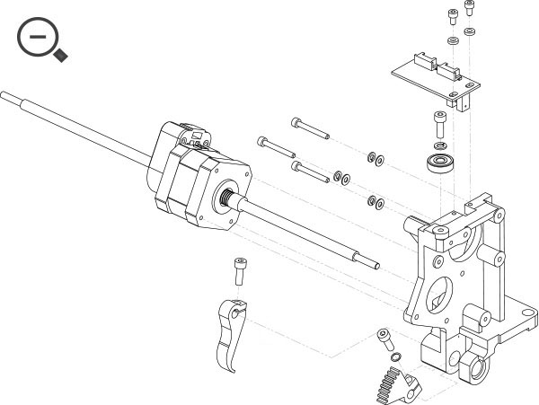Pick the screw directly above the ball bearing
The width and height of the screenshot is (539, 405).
438,120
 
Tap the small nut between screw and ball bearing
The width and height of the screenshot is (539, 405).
439,144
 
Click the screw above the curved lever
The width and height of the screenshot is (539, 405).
239,267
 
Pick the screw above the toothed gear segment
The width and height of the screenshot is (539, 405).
385,339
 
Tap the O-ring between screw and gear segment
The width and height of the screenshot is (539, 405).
393,357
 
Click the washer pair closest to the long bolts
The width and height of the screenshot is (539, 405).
341,176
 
